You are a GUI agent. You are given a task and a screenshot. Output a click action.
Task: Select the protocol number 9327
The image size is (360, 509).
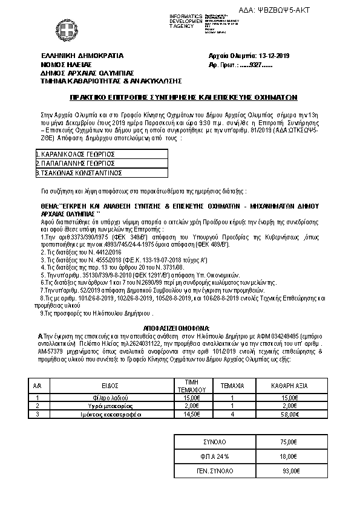click(x=251, y=63)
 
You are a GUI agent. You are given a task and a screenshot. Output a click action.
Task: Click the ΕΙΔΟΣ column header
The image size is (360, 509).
click(x=110, y=384)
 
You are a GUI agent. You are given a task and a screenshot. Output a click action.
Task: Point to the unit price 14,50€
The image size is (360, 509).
click(x=191, y=415)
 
